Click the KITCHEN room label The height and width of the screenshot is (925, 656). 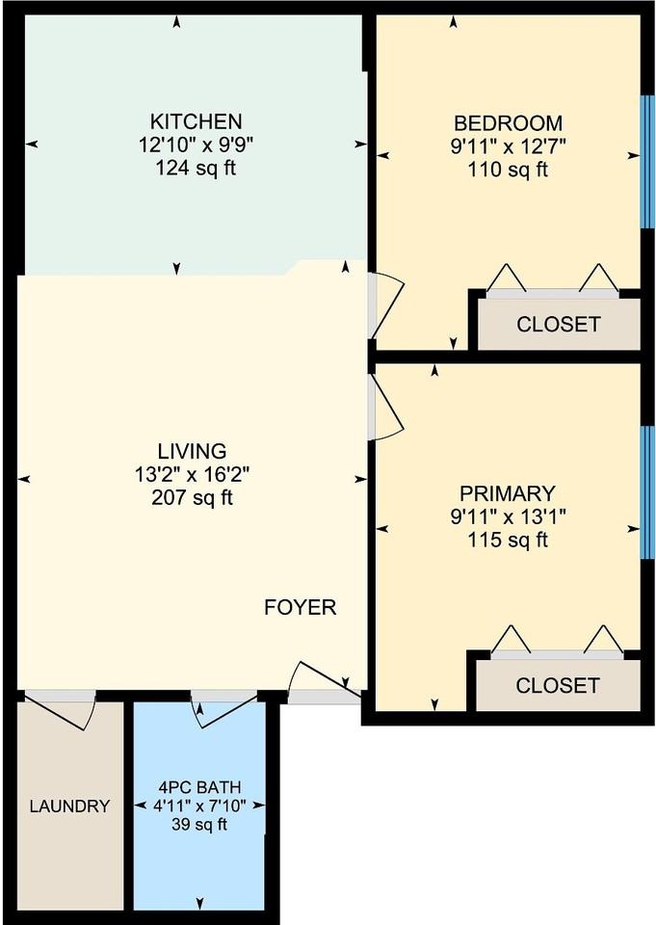tap(196, 121)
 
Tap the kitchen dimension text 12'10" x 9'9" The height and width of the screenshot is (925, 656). tap(196, 145)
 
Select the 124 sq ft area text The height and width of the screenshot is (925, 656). tap(196, 168)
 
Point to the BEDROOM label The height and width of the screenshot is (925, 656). tap(508, 123)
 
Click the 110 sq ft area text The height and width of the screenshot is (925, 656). tap(508, 170)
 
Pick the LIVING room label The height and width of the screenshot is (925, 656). tap(193, 451)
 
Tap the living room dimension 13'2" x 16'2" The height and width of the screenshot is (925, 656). tap(193, 474)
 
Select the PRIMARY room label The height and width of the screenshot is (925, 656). tap(508, 493)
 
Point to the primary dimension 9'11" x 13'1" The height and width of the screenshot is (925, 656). tap(508, 516)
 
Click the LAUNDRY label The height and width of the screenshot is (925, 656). tap(69, 806)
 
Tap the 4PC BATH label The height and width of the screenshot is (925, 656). tap(200, 787)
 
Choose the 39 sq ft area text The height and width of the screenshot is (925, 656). tap(199, 824)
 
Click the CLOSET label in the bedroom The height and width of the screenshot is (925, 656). tap(558, 324)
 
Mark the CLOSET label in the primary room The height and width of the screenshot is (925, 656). tap(558, 685)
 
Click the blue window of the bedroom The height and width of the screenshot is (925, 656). tap(647, 161)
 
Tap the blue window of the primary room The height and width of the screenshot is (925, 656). tap(647, 492)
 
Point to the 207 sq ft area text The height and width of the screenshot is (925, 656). tap(193, 498)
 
